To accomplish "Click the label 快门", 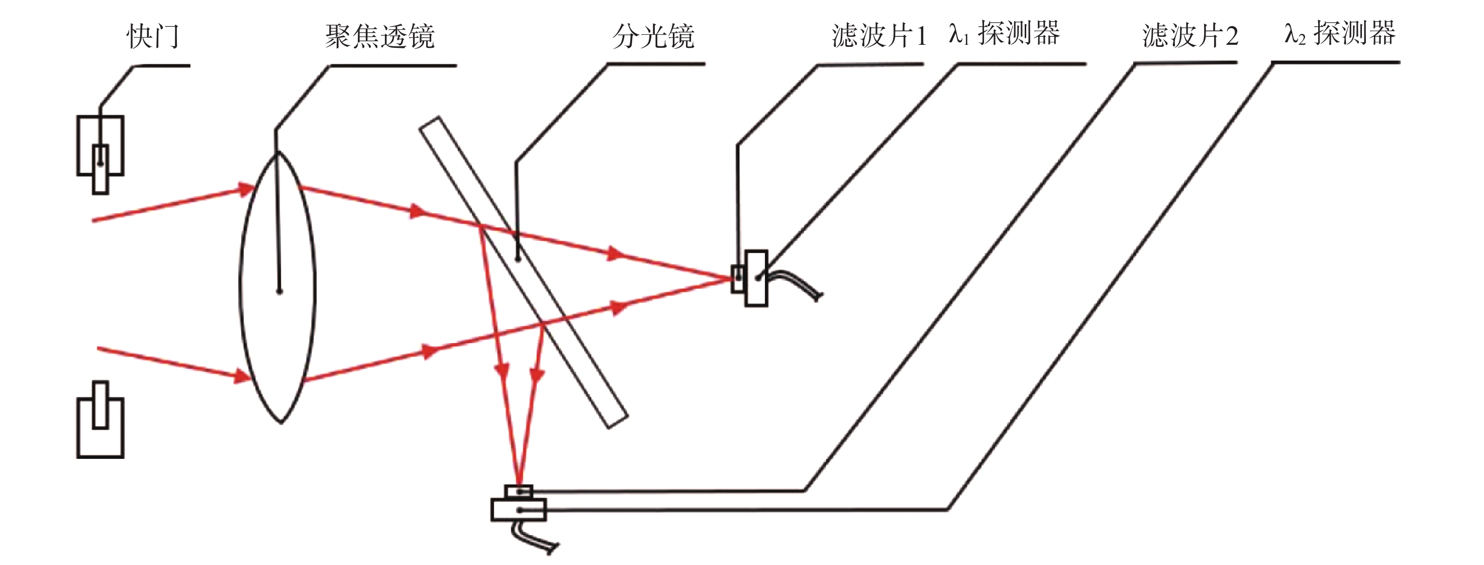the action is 153,37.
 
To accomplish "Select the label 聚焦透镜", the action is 379,37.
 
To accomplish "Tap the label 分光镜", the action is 653,37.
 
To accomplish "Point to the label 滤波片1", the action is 879,36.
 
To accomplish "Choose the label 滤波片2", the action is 1190,36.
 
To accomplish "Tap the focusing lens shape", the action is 240,287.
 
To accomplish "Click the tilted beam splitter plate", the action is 524,273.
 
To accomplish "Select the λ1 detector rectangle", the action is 756,278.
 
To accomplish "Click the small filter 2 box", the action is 519,492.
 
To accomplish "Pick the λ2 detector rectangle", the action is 519,510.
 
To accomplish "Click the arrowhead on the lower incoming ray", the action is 242,376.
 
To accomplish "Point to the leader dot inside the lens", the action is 279,291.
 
